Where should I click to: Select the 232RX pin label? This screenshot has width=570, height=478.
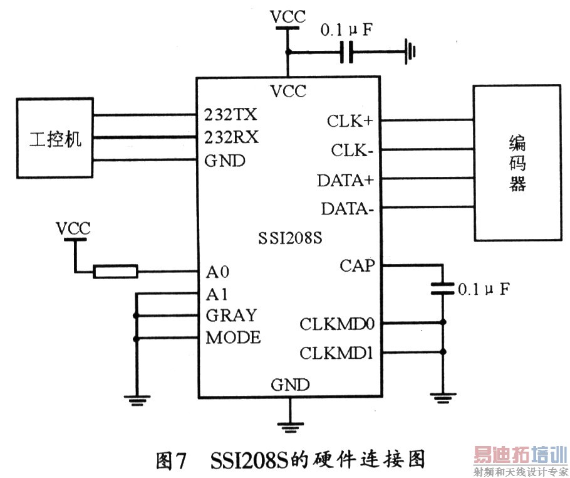tap(231, 137)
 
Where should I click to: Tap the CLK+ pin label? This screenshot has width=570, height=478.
tap(350, 120)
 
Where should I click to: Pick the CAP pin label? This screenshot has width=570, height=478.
tap(357, 265)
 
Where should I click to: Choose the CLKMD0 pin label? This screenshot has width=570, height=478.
tap(336, 324)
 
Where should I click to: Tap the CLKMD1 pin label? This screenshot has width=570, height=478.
tap(336, 353)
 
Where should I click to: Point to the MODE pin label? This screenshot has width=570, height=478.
tap(233, 337)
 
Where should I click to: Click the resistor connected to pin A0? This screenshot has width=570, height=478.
tap(115, 272)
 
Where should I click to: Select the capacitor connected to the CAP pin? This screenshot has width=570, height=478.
tap(442, 289)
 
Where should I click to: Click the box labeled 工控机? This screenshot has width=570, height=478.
tap(55, 137)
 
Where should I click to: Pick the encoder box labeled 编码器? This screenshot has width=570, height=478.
tap(517, 163)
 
